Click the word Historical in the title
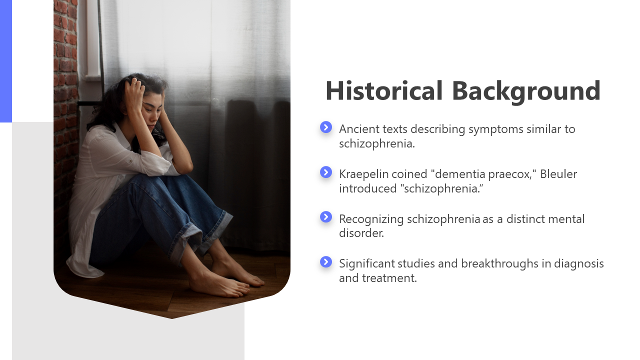pos(384,90)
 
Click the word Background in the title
pos(526,91)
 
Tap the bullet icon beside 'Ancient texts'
pos(326,127)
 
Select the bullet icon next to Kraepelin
pos(326,172)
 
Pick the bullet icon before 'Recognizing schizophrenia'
pos(326,217)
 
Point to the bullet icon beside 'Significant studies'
pos(326,261)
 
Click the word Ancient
pos(359,129)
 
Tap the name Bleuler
pos(558,174)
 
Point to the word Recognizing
pos(371,220)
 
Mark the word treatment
pos(389,278)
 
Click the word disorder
pos(361,233)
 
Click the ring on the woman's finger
pos(133,83)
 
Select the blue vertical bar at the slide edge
pos(6,61)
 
